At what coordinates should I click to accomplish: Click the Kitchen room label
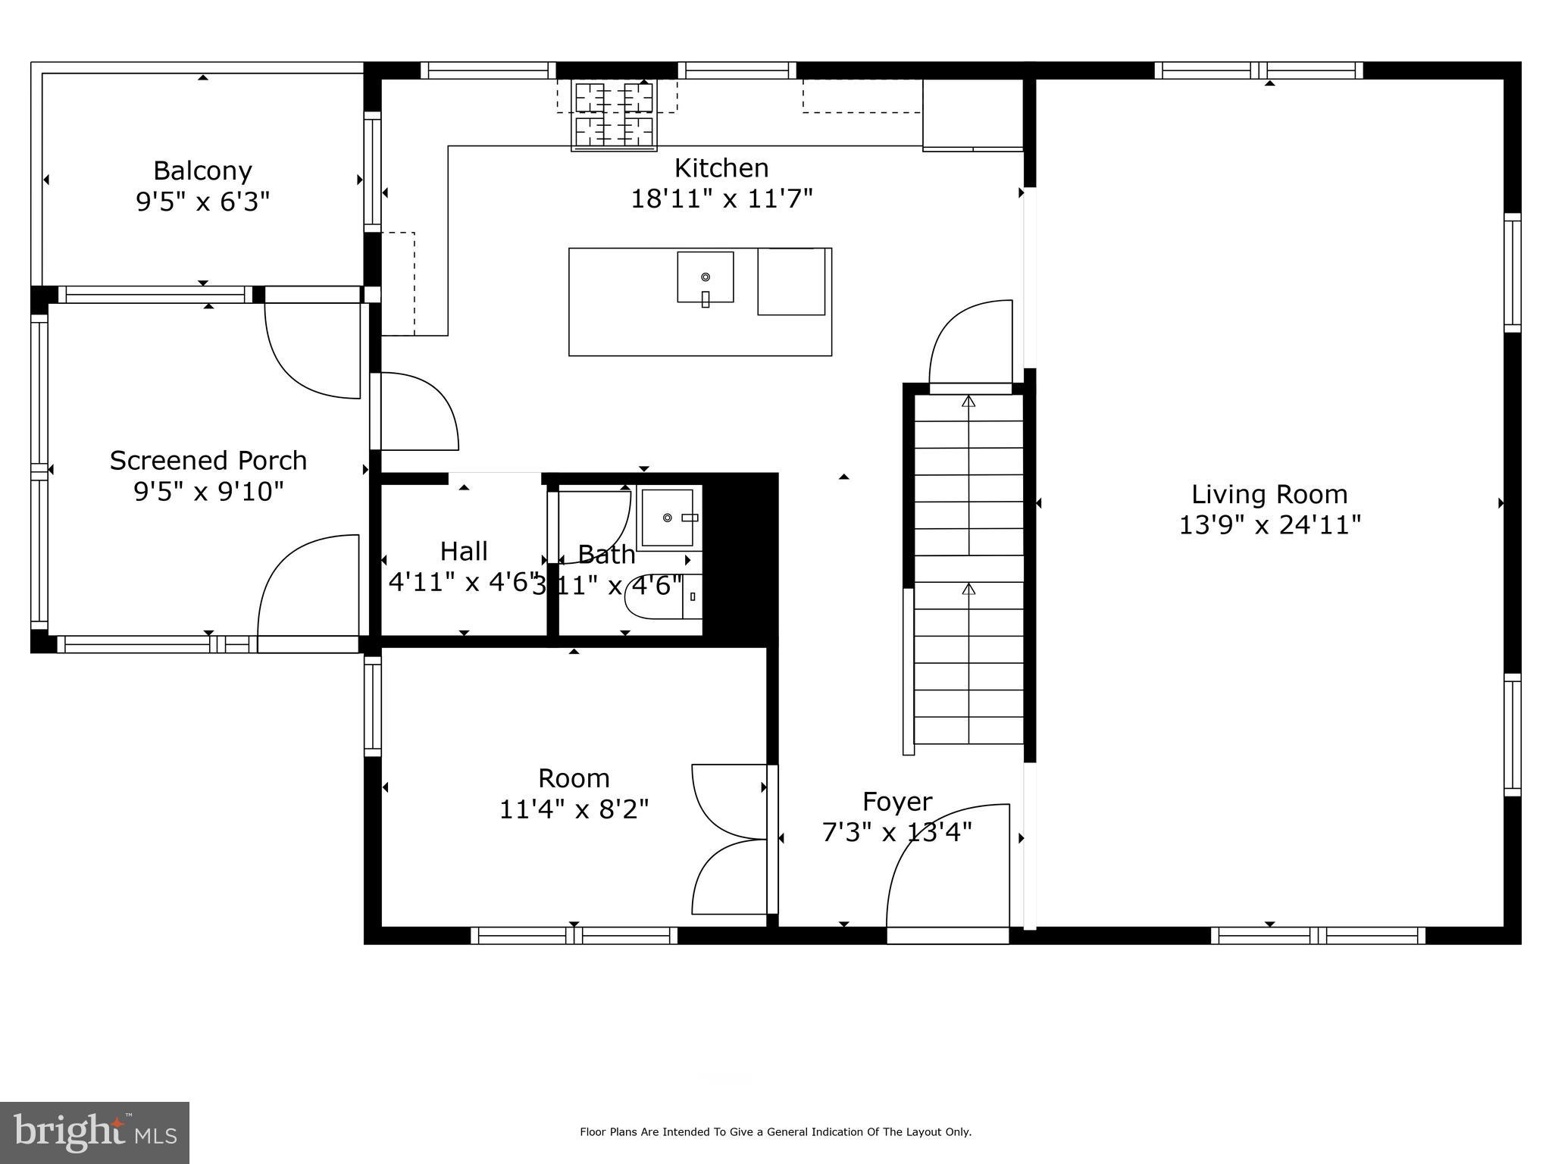click(x=721, y=167)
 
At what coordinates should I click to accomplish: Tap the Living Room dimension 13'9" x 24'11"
click(x=1269, y=525)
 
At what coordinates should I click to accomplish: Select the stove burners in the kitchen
click(x=614, y=115)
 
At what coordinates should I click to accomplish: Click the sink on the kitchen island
click(x=705, y=277)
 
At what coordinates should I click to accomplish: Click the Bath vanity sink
click(x=668, y=518)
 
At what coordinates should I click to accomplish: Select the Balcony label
click(x=202, y=171)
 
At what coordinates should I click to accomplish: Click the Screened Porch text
click(x=208, y=461)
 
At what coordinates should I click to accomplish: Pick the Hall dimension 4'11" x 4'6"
click(x=463, y=582)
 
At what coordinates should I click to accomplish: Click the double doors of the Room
click(x=729, y=840)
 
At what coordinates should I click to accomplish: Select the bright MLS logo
click(x=95, y=1134)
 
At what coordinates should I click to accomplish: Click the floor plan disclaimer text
click(x=775, y=1132)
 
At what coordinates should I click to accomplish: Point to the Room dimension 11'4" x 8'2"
click(x=574, y=809)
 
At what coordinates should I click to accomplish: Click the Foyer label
click(x=896, y=802)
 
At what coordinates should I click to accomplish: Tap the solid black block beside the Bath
click(x=740, y=561)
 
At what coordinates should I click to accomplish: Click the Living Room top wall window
click(x=1258, y=70)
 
